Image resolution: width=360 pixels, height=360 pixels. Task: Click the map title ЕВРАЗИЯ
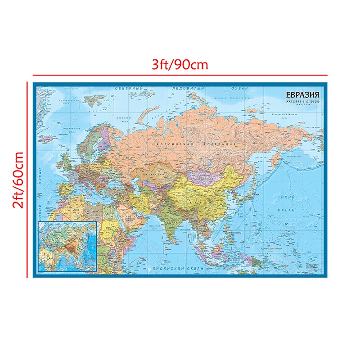(301, 95)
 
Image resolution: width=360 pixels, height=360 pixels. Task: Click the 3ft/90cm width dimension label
(180, 64)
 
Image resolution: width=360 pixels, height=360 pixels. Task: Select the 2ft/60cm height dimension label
(18, 180)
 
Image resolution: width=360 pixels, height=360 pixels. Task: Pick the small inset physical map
(67, 247)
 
